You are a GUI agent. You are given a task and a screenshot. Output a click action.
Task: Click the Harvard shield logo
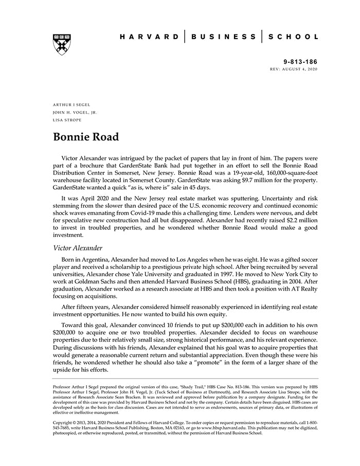[61, 45]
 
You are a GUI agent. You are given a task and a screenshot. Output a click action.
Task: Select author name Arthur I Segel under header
[71, 104]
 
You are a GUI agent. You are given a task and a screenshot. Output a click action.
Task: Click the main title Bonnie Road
[86, 137]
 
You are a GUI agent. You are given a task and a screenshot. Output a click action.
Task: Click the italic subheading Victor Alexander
[78, 248]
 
